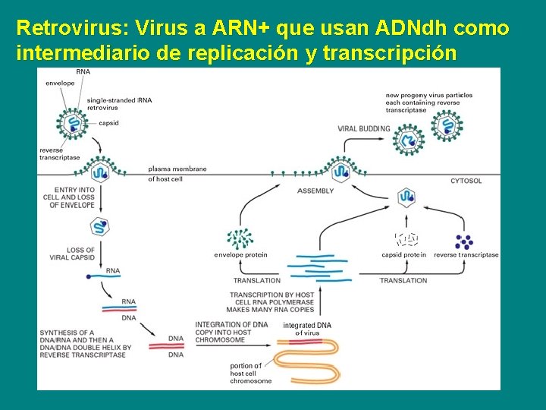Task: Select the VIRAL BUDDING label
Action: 364,128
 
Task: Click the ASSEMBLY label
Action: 315,191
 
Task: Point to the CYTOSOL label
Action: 466,181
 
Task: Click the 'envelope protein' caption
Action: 240,254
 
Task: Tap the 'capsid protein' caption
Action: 403,254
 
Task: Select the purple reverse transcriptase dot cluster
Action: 464,241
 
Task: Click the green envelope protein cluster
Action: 240,238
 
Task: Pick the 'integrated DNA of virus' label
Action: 307,329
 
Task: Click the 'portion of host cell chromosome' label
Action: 250,373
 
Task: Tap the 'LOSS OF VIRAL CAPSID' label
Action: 80,254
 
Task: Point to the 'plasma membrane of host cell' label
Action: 177,174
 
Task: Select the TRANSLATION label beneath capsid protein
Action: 403,280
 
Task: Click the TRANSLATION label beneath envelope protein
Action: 257,280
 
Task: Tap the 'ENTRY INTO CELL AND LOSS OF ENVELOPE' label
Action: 68,197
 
